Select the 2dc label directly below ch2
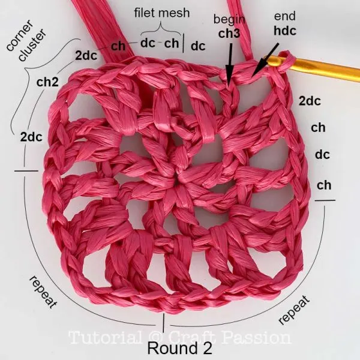(x=31, y=137)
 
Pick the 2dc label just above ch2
(x=86, y=55)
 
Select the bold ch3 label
(x=229, y=34)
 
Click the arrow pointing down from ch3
(x=230, y=63)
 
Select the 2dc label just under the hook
(x=309, y=101)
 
